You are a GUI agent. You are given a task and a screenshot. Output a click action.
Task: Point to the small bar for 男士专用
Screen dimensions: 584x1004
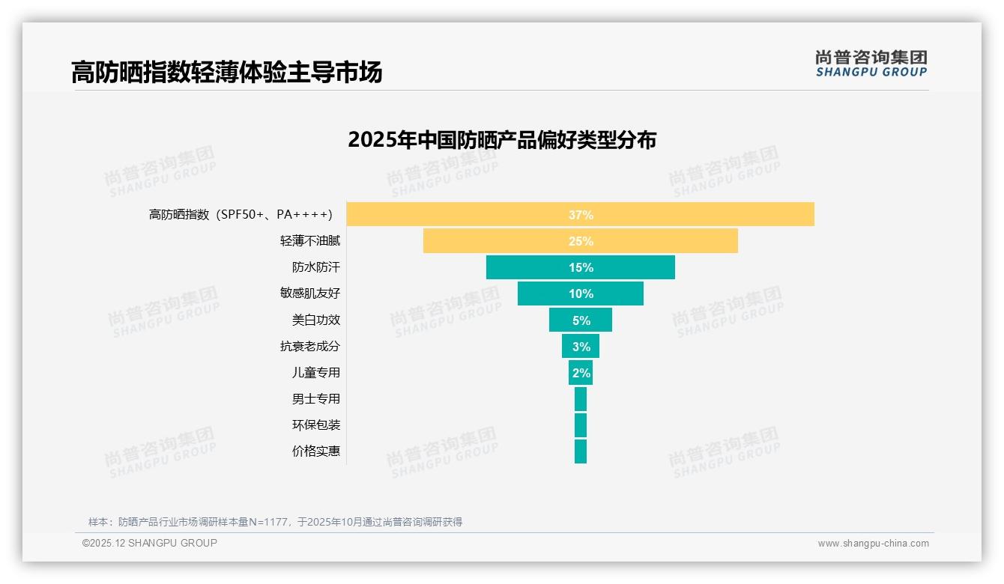tap(581, 399)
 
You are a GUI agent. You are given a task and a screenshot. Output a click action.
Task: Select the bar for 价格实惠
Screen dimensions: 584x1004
tap(581, 451)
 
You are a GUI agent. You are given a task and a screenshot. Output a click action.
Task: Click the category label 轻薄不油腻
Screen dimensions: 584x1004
tap(309, 241)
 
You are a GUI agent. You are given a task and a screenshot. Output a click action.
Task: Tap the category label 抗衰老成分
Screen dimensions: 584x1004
tap(309, 347)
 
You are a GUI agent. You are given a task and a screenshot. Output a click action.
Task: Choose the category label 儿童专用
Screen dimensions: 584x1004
tap(315, 373)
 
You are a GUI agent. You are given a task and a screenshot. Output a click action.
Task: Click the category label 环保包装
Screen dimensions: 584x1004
tap(315, 425)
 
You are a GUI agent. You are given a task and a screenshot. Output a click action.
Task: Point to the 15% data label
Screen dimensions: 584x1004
tap(581, 268)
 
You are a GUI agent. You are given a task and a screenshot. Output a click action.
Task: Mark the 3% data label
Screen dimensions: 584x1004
tap(581, 347)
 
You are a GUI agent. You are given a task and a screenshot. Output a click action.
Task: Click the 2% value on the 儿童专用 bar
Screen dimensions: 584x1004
tap(581, 373)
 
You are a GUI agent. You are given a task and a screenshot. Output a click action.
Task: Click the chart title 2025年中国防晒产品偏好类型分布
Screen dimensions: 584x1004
tap(502, 140)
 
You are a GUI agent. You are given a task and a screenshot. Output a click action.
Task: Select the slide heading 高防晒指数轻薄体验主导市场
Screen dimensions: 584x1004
tap(226, 72)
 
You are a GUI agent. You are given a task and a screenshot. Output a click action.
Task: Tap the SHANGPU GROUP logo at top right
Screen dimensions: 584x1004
tap(871, 64)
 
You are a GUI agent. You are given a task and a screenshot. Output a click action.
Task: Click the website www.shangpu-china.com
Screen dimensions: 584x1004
tap(873, 544)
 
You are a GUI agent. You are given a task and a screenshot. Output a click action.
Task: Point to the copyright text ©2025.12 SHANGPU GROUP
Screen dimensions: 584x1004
tap(150, 543)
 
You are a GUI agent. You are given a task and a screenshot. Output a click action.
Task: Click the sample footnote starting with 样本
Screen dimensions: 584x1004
tap(275, 522)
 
